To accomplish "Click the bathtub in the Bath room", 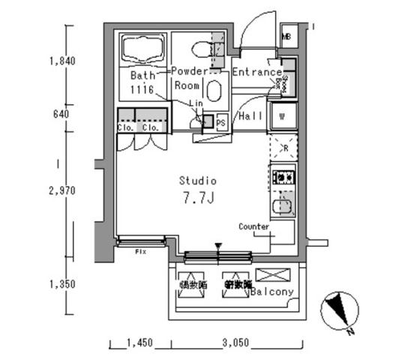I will point(142,51).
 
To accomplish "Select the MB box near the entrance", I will point(286,36).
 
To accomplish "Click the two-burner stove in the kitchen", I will point(283,178).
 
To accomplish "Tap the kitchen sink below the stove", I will point(283,205).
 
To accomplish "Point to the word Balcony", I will point(272,292).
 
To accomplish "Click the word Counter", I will point(254,226).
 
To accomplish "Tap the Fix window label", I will point(140,251).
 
